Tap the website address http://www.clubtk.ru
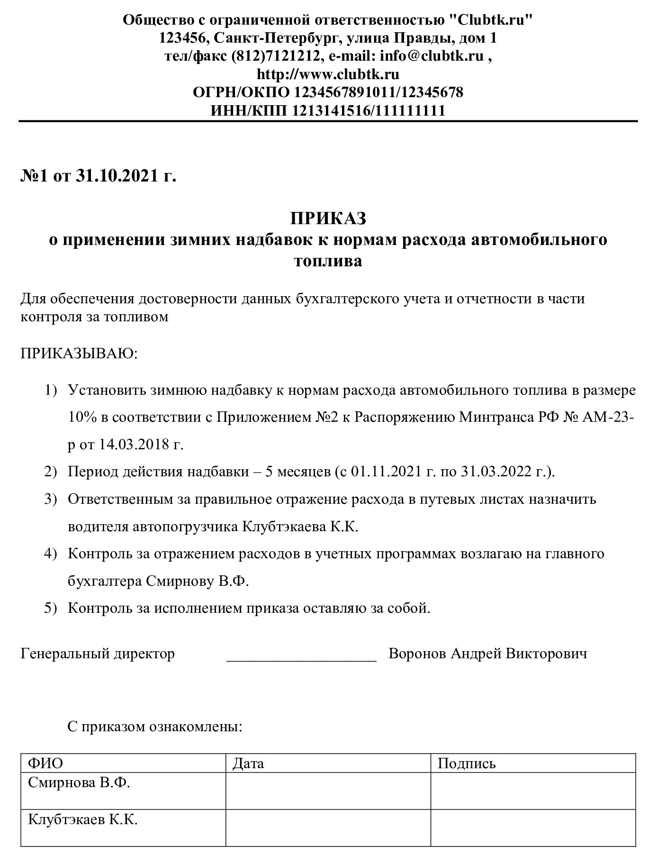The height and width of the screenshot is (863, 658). coord(328,74)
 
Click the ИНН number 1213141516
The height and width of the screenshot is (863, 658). coord(330,110)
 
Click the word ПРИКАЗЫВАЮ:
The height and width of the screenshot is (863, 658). coord(79,354)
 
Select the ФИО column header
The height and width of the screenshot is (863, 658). coord(45,763)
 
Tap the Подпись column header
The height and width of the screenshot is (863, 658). coord(467,763)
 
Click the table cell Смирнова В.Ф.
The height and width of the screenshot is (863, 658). coord(79,783)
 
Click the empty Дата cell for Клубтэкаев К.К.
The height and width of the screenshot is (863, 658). coord(328,827)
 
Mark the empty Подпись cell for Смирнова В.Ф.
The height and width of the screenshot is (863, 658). coord(533,790)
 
